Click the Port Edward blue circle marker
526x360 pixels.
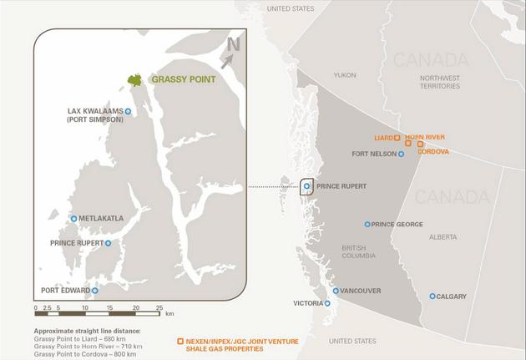click(95, 291)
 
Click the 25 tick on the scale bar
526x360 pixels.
click(159, 308)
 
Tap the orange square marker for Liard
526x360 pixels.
click(397, 137)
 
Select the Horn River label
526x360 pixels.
click(425, 136)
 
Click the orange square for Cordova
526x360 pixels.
click(421, 145)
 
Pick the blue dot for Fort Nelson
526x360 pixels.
click(402, 154)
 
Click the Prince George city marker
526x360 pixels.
click(367, 224)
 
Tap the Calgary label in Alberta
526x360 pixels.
click(451, 297)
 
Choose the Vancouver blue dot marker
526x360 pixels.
click(336, 291)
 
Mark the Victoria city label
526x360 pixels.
click(307, 303)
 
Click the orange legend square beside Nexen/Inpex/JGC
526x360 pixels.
click(180, 342)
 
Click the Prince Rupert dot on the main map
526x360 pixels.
click(307, 186)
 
